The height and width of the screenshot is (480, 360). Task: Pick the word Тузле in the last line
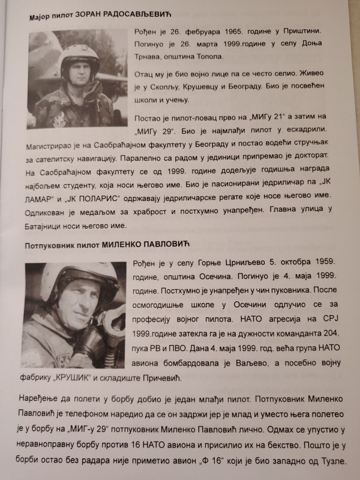pos(332,467)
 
